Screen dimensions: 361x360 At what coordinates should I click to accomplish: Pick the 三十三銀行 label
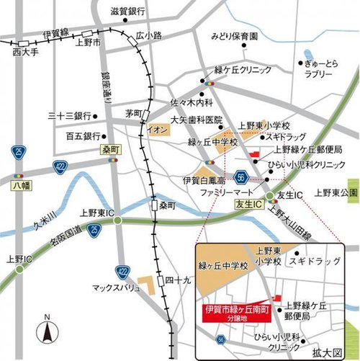[x=68, y=116]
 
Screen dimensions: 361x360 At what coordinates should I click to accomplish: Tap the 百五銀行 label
[x=81, y=135]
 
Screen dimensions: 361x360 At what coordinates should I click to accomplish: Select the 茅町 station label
[x=133, y=114]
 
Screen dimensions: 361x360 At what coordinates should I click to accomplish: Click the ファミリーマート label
[x=227, y=195]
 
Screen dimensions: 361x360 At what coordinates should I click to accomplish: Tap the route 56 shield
[x=240, y=177]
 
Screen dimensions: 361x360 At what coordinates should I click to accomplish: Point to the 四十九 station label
[x=176, y=280]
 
